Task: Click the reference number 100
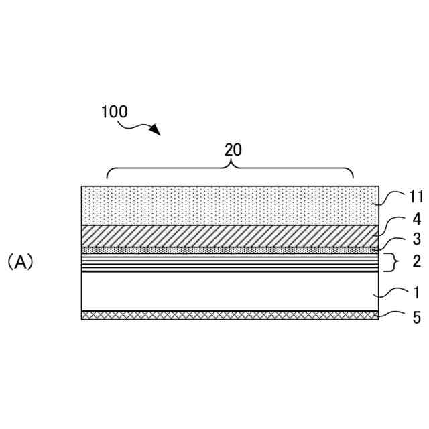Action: pyautogui.click(x=115, y=112)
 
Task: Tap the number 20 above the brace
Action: pyautogui.click(x=233, y=149)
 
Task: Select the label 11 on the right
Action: pyautogui.click(x=415, y=197)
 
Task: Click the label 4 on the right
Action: pyautogui.click(x=416, y=219)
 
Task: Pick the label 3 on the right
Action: pyautogui.click(x=416, y=239)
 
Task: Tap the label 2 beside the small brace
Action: pyautogui.click(x=416, y=261)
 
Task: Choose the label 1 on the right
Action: pyautogui.click(x=416, y=293)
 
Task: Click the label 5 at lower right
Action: pyautogui.click(x=416, y=317)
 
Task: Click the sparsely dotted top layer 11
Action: pyautogui.click(x=228, y=205)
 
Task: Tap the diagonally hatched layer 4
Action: pyautogui.click(x=228, y=236)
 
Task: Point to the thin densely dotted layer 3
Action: pyautogui.click(x=228, y=250)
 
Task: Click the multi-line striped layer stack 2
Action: pyautogui.click(x=228, y=262)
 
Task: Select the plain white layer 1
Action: pyautogui.click(x=228, y=291)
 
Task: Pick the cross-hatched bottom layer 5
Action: pyautogui.click(x=228, y=315)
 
